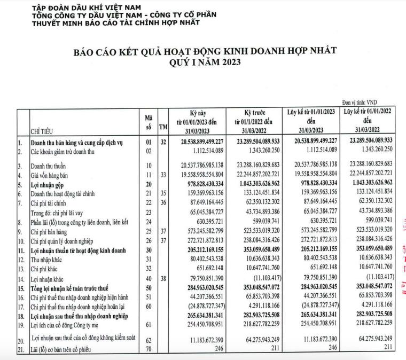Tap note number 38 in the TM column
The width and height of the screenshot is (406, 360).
point(163,277)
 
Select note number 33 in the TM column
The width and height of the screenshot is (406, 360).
point(163,174)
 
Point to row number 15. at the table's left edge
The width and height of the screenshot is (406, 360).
point(23,287)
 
